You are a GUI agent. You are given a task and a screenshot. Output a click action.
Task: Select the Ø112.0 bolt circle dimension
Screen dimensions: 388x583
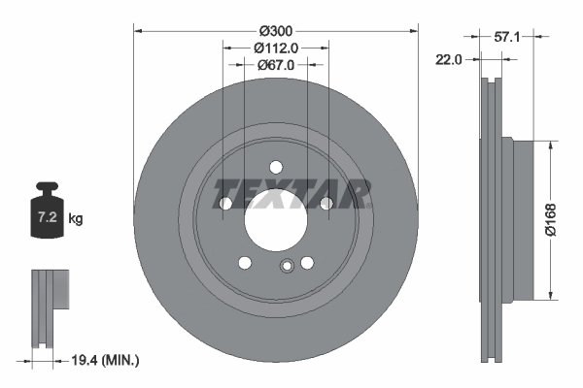tap(275, 48)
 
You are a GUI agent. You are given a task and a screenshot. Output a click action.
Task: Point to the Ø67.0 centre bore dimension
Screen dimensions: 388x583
tap(275, 64)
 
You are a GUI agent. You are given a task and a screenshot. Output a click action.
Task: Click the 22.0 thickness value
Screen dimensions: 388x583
tap(449, 60)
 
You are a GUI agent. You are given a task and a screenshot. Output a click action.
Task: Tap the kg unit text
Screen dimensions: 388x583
tap(76, 219)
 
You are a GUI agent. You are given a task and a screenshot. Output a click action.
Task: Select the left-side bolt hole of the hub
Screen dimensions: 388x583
tap(224, 204)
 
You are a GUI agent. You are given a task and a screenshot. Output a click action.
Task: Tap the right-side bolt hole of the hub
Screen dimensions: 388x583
tap(326, 202)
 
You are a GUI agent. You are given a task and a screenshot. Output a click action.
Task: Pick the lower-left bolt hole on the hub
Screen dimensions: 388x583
tap(244, 263)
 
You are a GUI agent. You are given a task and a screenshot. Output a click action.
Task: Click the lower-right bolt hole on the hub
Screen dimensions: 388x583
tap(307, 263)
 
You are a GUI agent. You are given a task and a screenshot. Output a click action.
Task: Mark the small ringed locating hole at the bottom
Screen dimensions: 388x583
tap(286, 268)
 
